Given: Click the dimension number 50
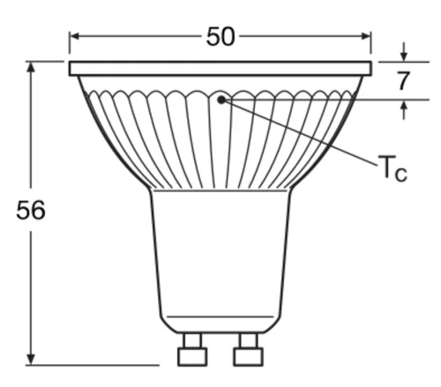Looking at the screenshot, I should point(220,36).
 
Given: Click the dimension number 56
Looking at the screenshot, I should point(31,212).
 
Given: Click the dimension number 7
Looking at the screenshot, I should point(403,81).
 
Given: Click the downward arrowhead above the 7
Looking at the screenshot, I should point(404,56).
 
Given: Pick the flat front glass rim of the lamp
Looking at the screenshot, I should point(220,68).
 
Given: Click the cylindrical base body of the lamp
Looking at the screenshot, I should point(220,256).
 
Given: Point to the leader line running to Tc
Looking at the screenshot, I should point(300,132).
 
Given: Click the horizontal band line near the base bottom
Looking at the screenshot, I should point(220,316).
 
